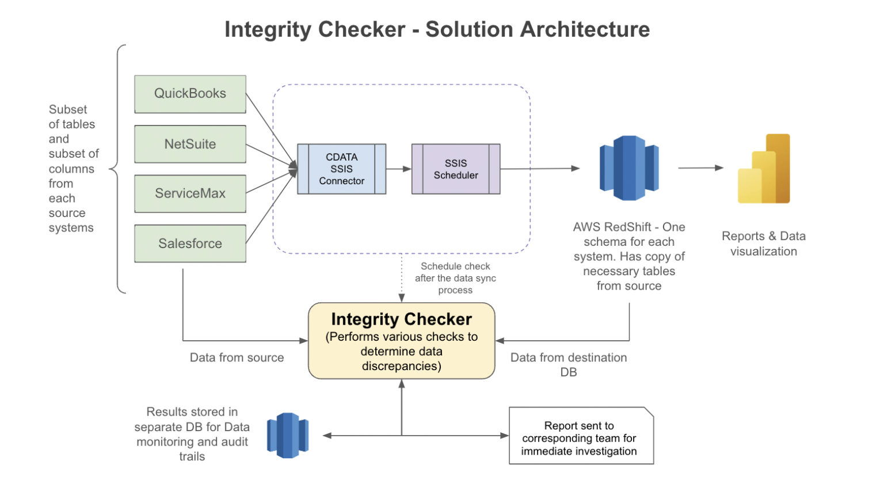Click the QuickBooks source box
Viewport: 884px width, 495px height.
[x=190, y=94]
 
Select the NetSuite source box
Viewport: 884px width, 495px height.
[x=190, y=144]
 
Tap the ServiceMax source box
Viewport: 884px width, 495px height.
[x=190, y=193]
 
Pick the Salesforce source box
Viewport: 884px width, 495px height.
[x=190, y=243]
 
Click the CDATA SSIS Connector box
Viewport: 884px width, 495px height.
[x=341, y=169]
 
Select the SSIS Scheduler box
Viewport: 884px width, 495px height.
[x=456, y=169]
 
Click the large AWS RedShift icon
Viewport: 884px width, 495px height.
[x=628, y=168]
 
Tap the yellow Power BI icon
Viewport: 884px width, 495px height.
[x=764, y=169]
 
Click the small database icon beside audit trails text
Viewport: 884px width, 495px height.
[x=288, y=435]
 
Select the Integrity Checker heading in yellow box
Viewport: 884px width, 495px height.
[x=401, y=319]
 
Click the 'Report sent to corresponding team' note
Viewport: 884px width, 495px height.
[x=581, y=437]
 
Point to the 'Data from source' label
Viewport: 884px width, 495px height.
[x=237, y=357]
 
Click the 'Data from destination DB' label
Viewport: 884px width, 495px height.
[x=569, y=364]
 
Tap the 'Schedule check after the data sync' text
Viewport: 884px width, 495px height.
[x=455, y=278]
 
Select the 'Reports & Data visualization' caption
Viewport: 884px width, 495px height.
[x=763, y=243]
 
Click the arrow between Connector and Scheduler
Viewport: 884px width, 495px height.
[x=398, y=169]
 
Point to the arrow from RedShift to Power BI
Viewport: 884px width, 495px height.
[x=700, y=168]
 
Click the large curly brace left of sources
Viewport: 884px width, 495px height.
[x=117, y=169]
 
